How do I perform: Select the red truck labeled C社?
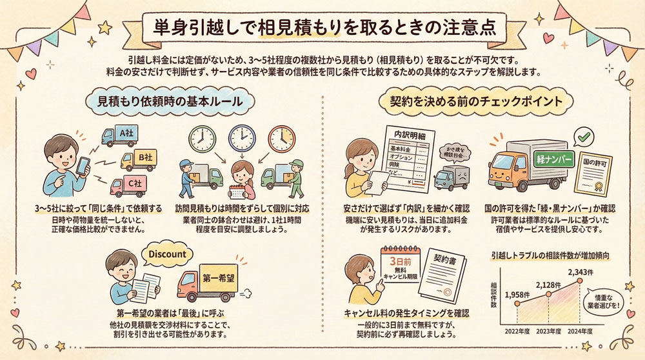127,185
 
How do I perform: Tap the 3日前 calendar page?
401,271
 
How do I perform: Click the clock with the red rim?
281,138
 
